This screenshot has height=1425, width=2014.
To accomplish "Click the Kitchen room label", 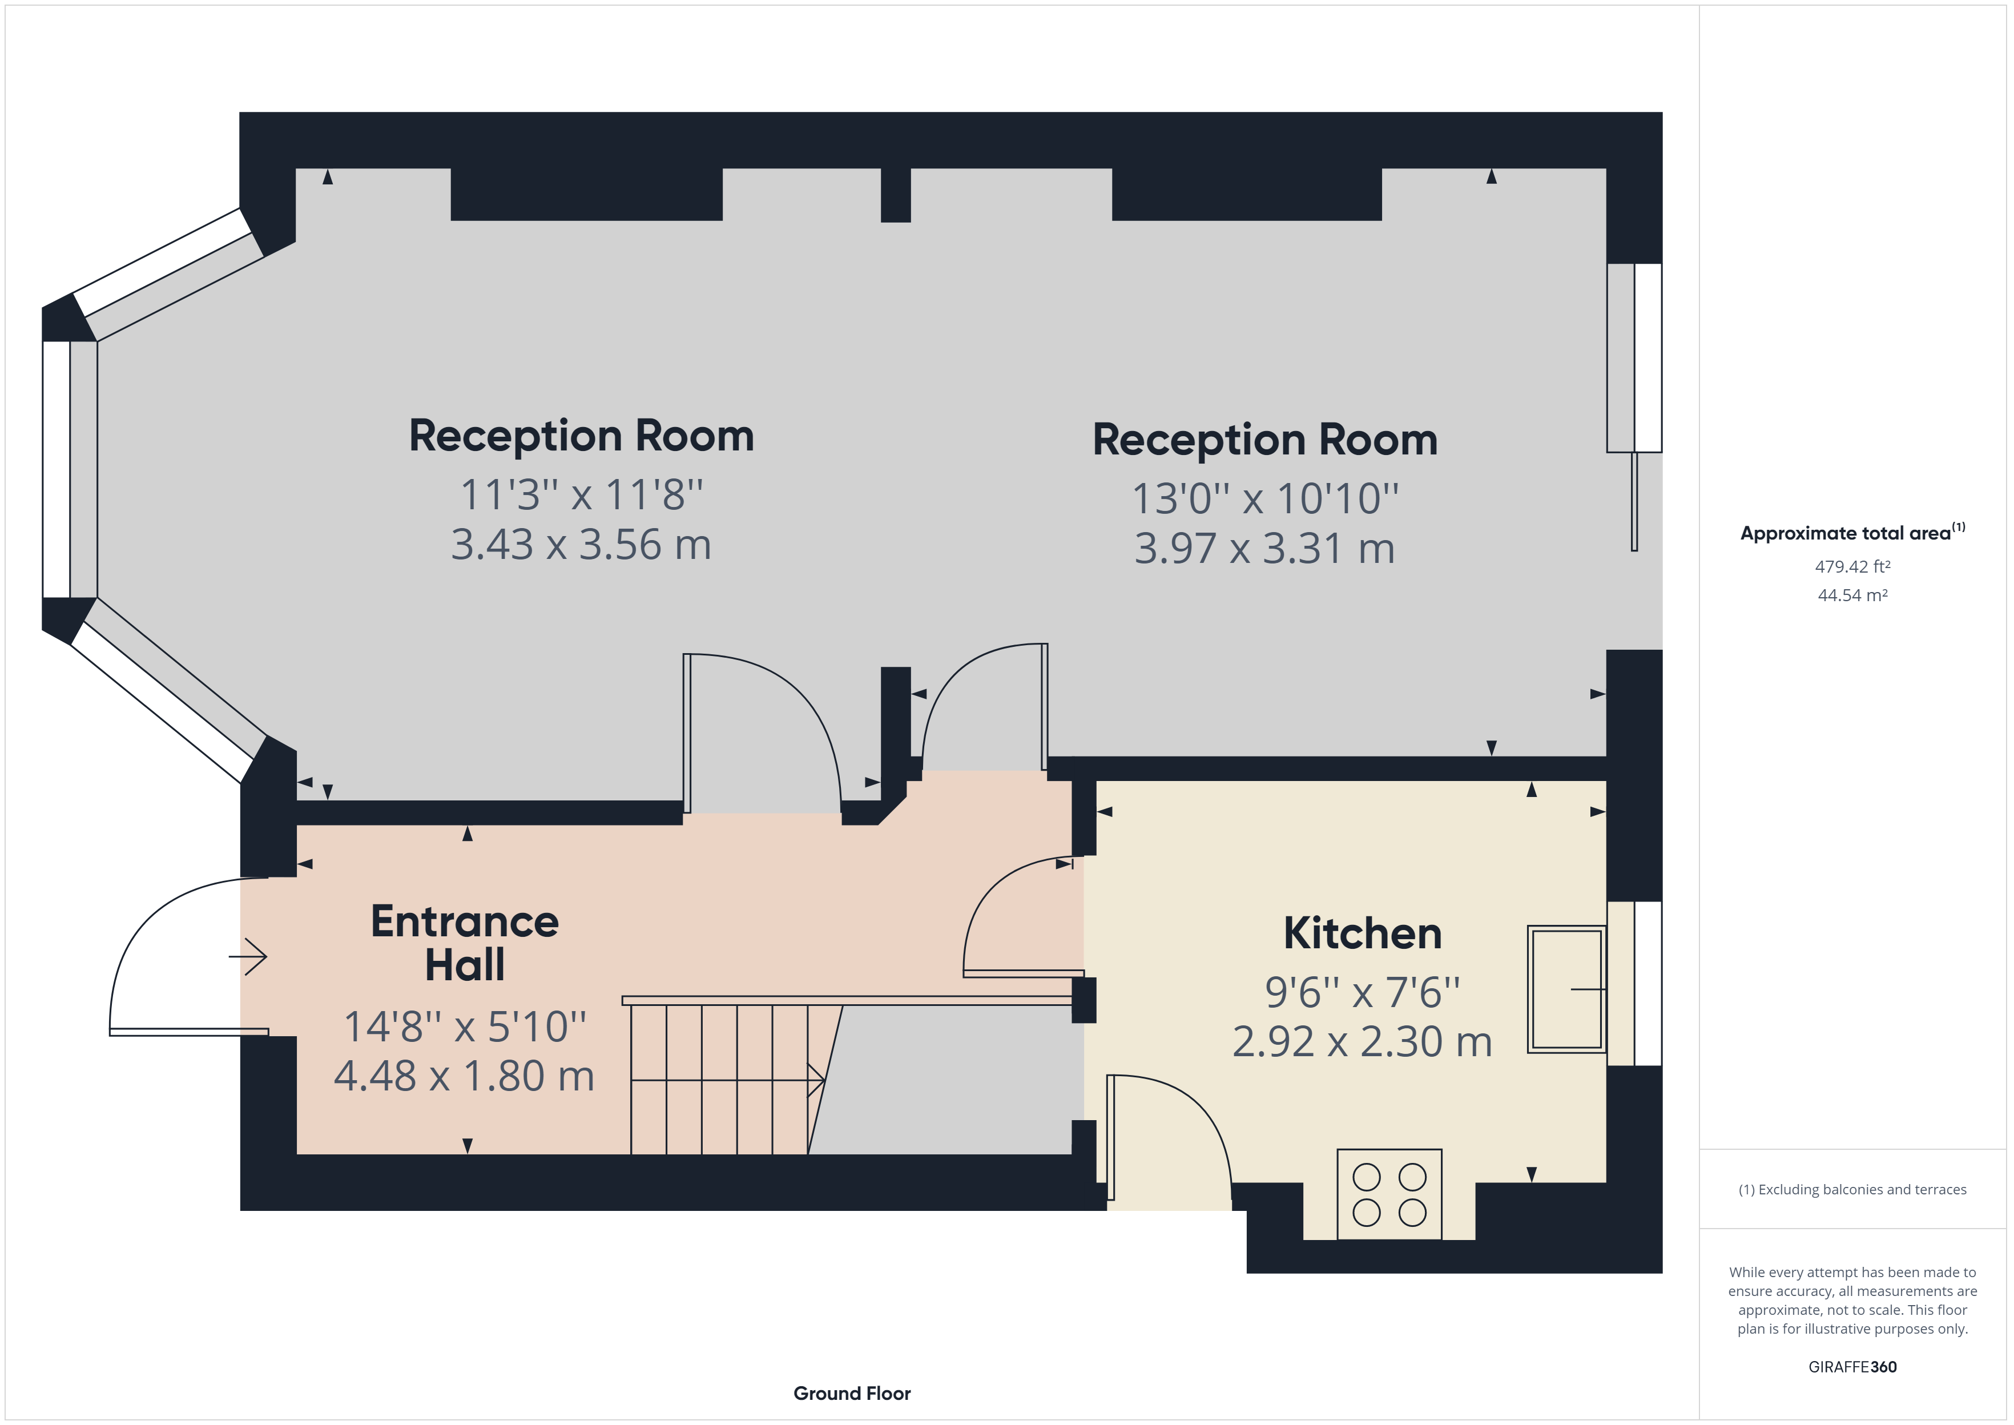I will coord(1362,933).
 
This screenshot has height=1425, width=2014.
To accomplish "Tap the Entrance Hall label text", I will coord(464,943).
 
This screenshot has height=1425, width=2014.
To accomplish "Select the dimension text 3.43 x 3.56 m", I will coord(581,545).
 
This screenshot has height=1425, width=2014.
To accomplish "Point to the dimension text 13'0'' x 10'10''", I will coord(1264,498).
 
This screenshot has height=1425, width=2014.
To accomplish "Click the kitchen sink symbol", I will coord(1566,988).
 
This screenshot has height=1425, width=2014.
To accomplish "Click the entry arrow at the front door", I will coord(249,956).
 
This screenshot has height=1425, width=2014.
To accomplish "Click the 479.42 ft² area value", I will coord(1852,567).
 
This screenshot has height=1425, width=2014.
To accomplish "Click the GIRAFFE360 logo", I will coord(1852,1366).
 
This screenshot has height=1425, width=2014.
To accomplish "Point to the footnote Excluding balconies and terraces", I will coord(1852,1190).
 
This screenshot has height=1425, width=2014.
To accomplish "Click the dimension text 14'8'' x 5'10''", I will coord(464,1027).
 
